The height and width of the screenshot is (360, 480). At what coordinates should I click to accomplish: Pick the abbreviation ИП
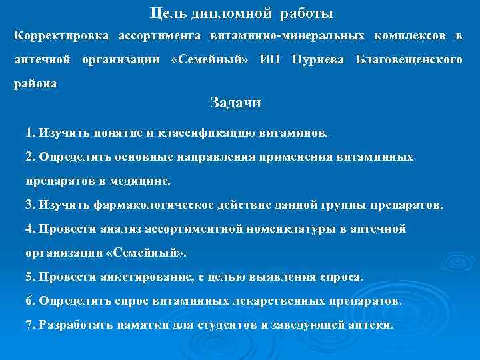click(270, 60)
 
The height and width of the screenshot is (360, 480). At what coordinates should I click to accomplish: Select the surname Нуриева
click(318, 60)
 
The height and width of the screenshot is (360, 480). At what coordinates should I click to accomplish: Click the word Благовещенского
click(409, 60)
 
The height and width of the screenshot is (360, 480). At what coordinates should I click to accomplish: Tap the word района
click(35, 85)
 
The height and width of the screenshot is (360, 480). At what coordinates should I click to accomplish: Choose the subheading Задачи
click(235, 103)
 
